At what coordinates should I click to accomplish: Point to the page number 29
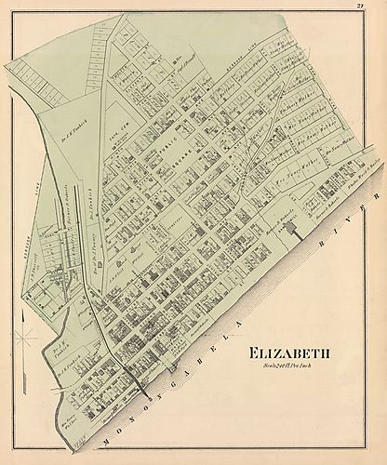(x=372, y=7)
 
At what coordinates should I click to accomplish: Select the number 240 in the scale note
(x=281, y=366)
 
